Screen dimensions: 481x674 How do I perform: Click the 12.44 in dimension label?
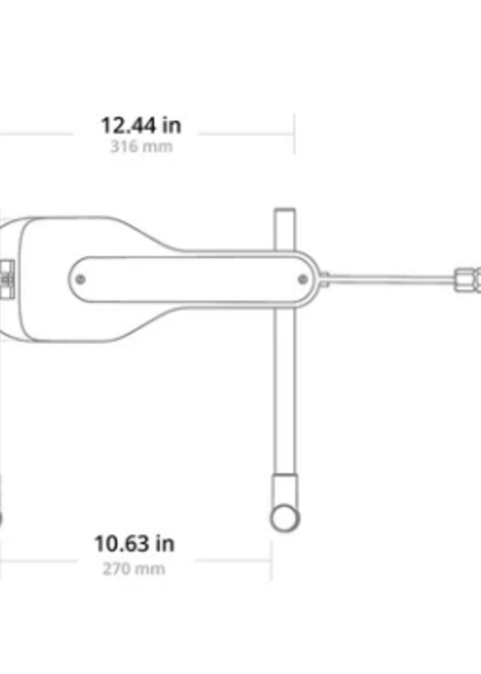(x=141, y=125)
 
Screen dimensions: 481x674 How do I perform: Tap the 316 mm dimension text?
(x=141, y=146)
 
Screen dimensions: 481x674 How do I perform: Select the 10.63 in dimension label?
(x=134, y=543)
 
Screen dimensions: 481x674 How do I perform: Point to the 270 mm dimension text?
(x=134, y=569)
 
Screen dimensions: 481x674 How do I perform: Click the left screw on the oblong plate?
(x=80, y=279)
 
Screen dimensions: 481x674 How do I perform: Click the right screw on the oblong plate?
(x=303, y=279)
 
